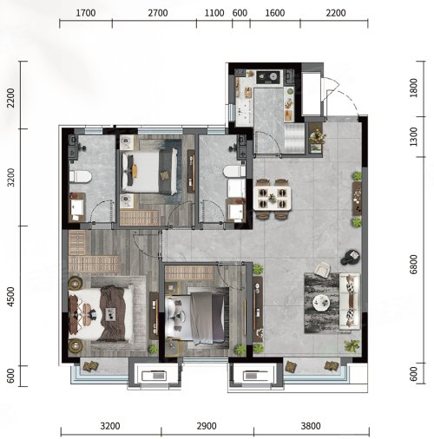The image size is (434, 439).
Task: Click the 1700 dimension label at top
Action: click(86, 13)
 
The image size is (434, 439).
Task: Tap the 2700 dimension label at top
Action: click(158, 13)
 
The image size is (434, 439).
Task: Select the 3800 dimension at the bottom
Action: click(311, 426)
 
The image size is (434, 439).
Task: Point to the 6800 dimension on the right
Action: click(414, 265)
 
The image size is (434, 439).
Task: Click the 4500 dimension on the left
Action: click(10, 297)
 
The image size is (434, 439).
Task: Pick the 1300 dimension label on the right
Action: click(414, 136)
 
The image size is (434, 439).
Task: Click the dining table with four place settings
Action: click(272, 198)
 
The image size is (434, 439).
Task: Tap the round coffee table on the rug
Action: click(321, 303)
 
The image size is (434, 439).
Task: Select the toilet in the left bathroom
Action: click(80, 177)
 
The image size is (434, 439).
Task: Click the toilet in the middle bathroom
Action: click(234, 171)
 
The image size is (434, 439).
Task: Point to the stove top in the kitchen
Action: click(268, 77)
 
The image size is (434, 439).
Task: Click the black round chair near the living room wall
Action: click(351, 257)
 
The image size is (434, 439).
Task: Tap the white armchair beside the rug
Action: click(322, 269)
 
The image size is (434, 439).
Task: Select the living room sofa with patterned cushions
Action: click(350, 301)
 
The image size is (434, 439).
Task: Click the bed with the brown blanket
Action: click(101, 313)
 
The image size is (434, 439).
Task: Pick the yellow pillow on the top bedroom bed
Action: click(134, 170)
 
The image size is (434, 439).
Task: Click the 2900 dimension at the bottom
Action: click(207, 426)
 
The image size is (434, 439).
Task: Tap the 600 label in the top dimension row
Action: click(240, 13)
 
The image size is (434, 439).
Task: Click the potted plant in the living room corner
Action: click(352, 345)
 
